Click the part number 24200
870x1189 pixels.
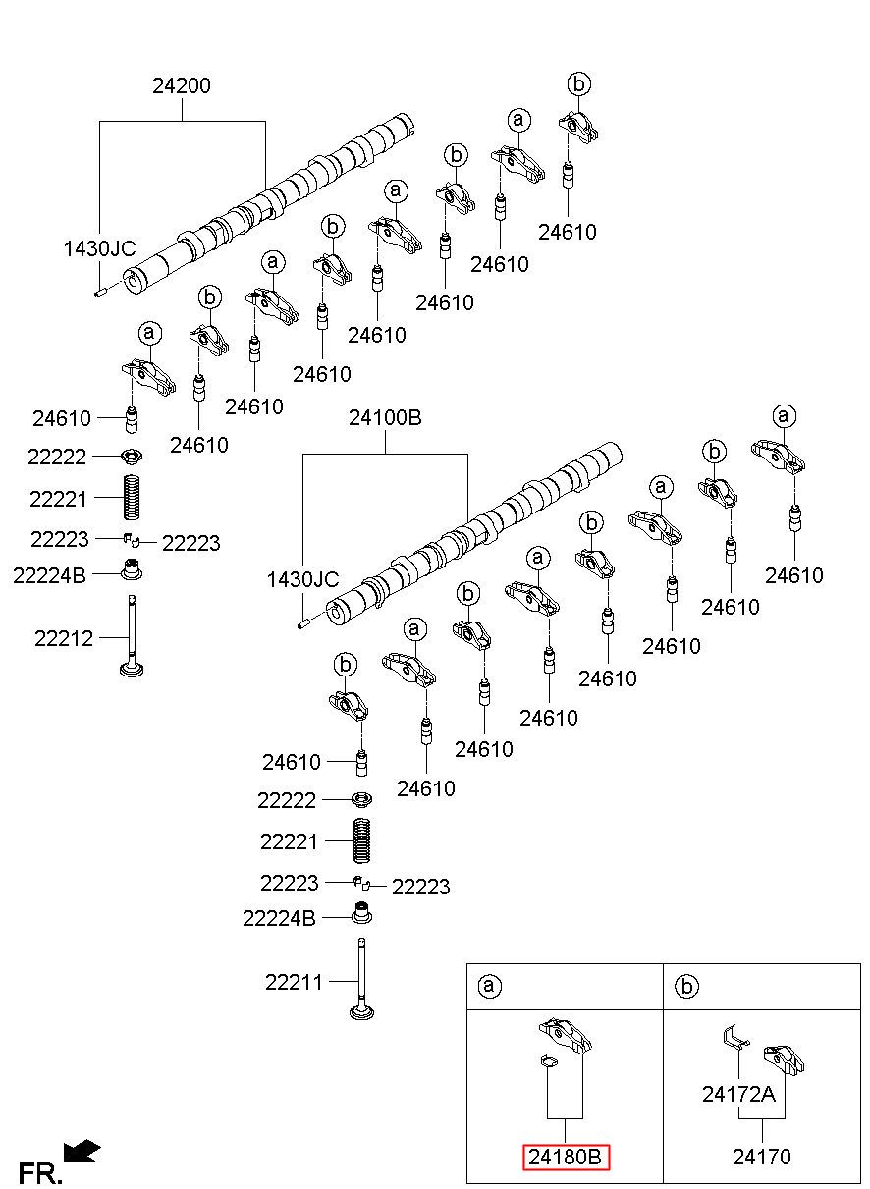[182, 85]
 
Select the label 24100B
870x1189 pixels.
[385, 418]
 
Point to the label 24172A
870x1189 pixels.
[738, 1094]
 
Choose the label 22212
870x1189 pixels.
[64, 638]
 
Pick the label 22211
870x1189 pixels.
[294, 982]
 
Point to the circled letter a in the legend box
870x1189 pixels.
[489, 985]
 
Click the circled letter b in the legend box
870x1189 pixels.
[687, 986]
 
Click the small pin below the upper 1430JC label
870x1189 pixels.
[101, 292]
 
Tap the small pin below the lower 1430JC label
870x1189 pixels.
[303, 623]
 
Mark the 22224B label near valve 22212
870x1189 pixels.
[49, 575]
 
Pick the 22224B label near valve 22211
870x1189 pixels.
[279, 918]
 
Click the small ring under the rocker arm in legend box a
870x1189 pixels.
[550, 1061]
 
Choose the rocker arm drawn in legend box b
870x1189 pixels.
[784, 1059]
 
